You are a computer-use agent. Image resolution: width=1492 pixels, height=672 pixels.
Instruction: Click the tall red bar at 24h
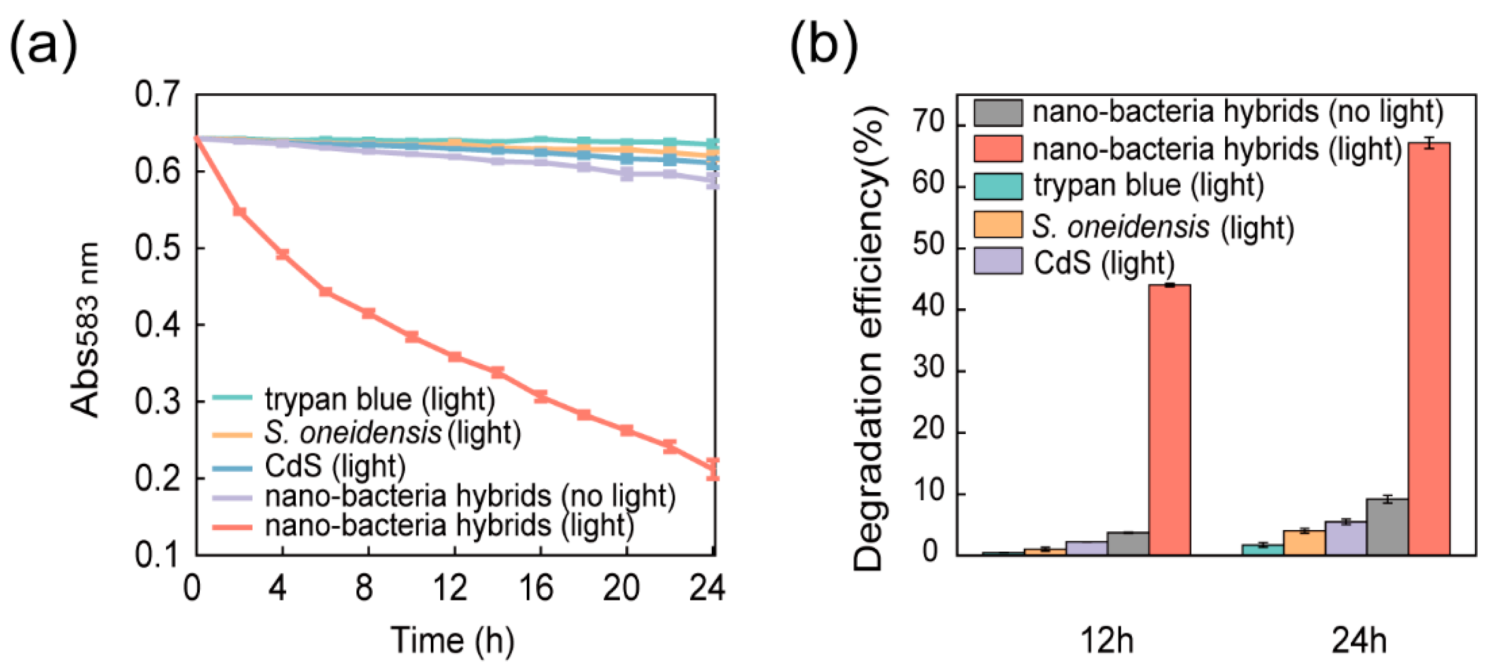1429,348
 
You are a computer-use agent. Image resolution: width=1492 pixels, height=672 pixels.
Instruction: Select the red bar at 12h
1169,420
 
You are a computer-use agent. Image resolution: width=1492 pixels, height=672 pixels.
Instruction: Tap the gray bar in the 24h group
1387,527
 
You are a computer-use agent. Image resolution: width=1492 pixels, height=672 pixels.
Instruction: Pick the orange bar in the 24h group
1304,542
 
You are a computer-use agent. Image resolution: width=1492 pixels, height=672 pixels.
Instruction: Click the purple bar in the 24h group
1346,538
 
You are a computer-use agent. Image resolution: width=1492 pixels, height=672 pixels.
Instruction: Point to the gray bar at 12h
1128,543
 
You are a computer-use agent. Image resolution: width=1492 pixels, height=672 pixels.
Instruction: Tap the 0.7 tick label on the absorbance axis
157,94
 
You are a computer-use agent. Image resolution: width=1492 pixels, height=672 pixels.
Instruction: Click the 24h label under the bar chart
1359,641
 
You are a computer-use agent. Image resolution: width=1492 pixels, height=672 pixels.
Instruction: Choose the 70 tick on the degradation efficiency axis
928,123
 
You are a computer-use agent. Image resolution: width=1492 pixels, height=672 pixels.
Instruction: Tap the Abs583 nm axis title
84,330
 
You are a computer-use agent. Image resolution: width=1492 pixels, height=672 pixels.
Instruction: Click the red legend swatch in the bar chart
998,149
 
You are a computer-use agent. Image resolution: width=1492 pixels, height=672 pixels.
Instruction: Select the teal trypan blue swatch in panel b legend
998,186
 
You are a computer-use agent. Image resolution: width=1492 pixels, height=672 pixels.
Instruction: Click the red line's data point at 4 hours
282,254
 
